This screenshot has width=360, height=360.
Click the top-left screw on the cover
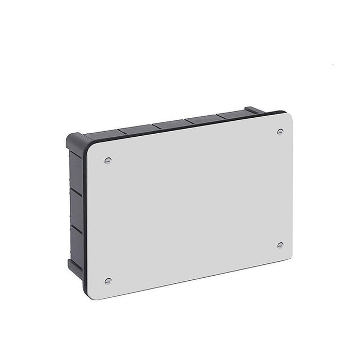pos(107,160)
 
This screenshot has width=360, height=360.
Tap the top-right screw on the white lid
pos(280,132)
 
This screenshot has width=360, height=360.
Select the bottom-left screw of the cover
pos(108,281)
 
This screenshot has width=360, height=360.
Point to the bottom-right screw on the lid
pos(280,245)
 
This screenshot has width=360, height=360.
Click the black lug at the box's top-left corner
pos(75,140)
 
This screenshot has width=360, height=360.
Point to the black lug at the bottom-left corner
pos(74,267)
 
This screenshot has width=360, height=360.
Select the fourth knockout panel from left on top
pos(202,119)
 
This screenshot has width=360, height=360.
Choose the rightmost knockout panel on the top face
pos(231,115)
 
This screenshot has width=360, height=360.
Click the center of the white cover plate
pos(189,206)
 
